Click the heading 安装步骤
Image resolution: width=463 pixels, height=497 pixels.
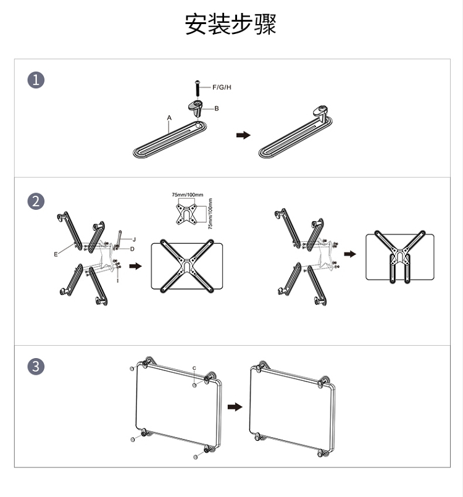(x=230, y=24)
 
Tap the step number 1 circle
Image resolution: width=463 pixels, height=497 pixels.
(x=36, y=80)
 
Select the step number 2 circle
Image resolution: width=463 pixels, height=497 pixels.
(x=36, y=202)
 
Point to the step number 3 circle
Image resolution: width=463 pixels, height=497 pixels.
(x=36, y=366)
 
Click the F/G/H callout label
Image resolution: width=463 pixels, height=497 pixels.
(x=222, y=87)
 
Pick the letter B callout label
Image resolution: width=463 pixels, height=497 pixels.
(x=217, y=109)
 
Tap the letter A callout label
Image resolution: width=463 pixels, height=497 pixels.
(x=169, y=118)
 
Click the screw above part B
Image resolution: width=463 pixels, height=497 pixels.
(x=198, y=89)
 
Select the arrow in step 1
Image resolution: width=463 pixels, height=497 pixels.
(x=243, y=135)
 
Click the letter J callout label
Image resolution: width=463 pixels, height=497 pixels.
(x=134, y=240)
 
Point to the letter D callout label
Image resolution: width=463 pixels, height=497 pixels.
(x=132, y=249)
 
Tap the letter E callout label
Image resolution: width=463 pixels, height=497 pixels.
(x=56, y=254)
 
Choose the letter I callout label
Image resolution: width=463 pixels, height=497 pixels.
(x=117, y=280)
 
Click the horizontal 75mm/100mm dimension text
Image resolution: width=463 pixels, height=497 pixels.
(x=188, y=194)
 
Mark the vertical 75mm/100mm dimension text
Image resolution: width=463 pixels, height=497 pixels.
(x=210, y=214)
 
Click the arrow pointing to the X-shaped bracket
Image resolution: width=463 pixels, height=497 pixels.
(x=135, y=266)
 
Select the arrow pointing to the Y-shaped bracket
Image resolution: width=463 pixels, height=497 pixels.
(x=350, y=254)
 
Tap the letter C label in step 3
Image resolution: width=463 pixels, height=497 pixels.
(x=194, y=368)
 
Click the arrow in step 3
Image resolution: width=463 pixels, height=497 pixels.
(x=235, y=407)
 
